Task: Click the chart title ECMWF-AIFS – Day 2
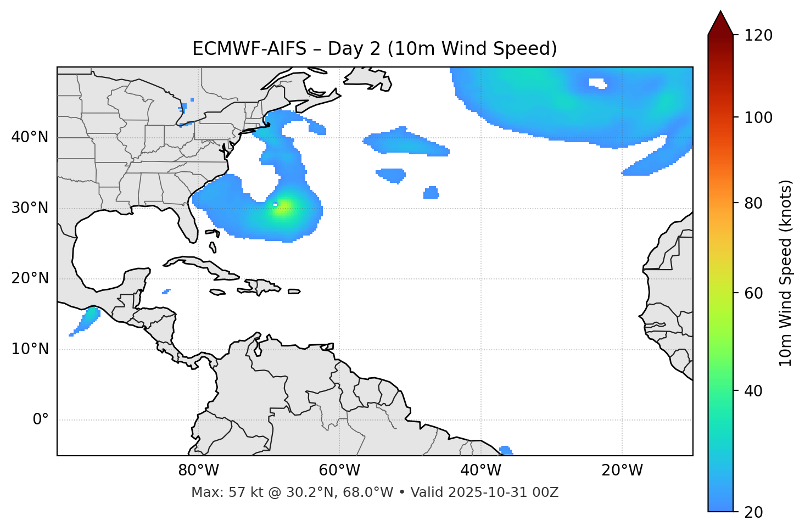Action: click(x=374, y=49)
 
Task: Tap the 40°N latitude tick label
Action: click(x=30, y=137)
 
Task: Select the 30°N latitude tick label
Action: click(x=30, y=208)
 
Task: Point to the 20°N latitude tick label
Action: click(x=30, y=278)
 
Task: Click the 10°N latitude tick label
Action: click(x=30, y=349)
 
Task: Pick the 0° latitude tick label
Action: click(x=40, y=420)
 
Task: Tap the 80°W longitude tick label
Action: click(x=198, y=471)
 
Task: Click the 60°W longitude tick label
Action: click(x=339, y=471)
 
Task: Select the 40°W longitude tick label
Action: click(x=480, y=471)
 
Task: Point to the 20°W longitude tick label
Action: click(x=622, y=471)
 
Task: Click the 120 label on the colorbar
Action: click(x=758, y=35)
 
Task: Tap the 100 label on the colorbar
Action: click(x=758, y=117)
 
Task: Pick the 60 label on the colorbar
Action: click(x=754, y=293)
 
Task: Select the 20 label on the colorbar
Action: click(x=754, y=512)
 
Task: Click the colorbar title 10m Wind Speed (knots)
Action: click(x=786, y=273)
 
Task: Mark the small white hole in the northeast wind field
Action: click(x=597, y=83)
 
